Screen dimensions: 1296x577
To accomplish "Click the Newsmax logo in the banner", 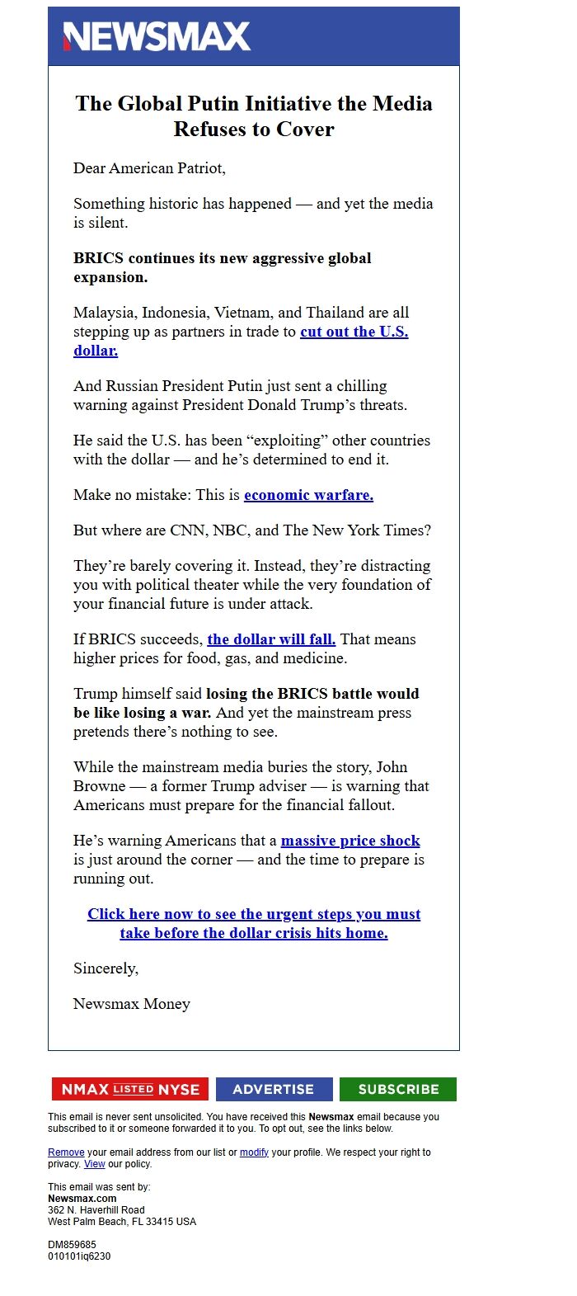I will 157,36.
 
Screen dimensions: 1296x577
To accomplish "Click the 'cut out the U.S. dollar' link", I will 354,332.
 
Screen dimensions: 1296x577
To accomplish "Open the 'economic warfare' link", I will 308,495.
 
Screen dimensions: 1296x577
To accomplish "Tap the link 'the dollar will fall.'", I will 271,639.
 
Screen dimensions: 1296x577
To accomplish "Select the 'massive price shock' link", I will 350,841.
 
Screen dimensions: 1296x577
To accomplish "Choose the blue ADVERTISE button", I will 274,1089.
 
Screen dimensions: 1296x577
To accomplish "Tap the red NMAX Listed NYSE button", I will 130,1089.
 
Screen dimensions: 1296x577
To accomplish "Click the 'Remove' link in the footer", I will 66,1152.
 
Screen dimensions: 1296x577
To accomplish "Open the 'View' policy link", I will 95,1164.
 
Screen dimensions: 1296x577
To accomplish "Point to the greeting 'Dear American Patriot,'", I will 149,168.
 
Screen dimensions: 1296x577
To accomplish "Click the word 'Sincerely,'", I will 106,968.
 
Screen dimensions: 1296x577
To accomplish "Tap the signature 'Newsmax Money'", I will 132,1004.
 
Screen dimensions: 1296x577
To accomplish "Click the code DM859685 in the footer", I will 72,1245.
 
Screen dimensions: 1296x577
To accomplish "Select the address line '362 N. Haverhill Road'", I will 96,1210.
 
